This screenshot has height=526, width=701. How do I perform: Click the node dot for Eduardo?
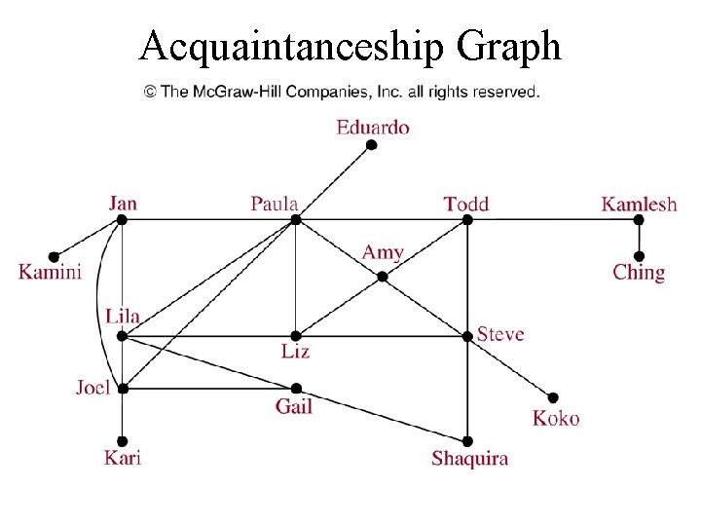click(x=371, y=146)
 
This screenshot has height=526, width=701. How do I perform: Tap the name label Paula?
click(x=274, y=204)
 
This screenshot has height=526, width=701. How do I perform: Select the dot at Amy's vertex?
click(x=383, y=277)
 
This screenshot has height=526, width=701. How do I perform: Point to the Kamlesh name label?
click(x=639, y=204)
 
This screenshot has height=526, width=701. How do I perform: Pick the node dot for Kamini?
click(x=55, y=257)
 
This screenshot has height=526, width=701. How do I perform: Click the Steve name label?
click(x=500, y=334)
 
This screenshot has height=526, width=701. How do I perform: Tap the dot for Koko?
click(x=554, y=397)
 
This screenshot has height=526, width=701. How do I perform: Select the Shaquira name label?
click(x=469, y=458)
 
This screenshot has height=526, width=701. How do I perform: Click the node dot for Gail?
click(x=296, y=388)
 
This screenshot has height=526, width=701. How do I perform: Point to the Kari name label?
click(x=123, y=457)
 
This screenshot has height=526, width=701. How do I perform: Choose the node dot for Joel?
click(x=123, y=388)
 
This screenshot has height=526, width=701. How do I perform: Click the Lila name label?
click(x=123, y=316)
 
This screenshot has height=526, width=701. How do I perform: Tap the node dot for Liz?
click(x=296, y=336)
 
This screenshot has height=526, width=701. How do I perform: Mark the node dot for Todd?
click(x=467, y=220)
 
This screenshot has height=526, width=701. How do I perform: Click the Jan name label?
click(x=123, y=203)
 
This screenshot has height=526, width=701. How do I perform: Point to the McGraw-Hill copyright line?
click(x=342, y=92)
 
